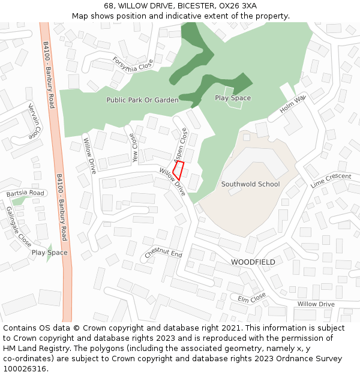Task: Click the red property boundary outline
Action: click(x=178, y=170)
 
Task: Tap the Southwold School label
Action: click(x=250, y=184)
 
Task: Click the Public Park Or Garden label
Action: click(x=142, y=100)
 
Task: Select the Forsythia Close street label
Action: click(x=133, y=64)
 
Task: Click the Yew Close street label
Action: click(x=134, y=148)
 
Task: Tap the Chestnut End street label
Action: click(x=163, y=254)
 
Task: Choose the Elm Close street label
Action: click(x=251, y=298)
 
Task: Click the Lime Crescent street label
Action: click(x=331, y=180)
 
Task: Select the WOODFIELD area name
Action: click(x=253, y=262)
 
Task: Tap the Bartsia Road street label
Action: click(x=25, y=194)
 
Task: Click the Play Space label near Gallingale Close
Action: click(x=49, y=253)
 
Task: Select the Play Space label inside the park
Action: click(x=233, y=98)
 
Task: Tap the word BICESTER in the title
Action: click(x=180, y=5)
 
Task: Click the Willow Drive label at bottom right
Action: click(x=316, y=304)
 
